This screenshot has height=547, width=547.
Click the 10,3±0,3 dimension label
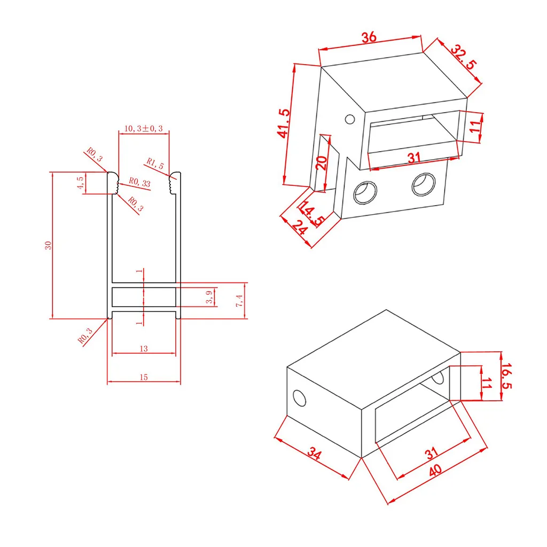[x=143, y=128]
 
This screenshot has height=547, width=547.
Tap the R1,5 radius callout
[x=155, y=163]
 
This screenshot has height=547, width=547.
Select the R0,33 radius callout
[x=139, y=182]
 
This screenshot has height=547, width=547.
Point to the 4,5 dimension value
[x=81, y=183]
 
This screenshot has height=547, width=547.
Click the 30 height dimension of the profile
[x=48, y=245]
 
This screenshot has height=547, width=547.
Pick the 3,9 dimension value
[x=209, y=297]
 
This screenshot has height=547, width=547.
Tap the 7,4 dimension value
[x=239, y=300]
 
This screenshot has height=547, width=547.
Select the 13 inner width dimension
[x=144, y=348]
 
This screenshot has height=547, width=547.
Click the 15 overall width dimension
[x=144, y=377]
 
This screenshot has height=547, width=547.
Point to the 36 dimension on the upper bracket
[x=369, y=37]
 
